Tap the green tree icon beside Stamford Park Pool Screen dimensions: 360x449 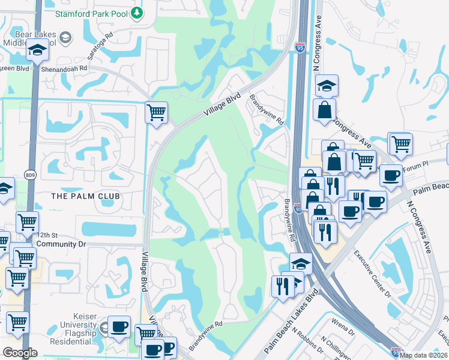point(137,12)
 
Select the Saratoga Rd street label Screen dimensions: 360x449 point(100,45)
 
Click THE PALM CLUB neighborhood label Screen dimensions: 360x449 point(85,196)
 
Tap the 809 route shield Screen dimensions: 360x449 point(30,174)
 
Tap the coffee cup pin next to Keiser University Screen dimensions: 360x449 point(119,326)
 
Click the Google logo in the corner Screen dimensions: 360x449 point(19,353)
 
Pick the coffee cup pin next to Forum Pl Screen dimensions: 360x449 point(391,175)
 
